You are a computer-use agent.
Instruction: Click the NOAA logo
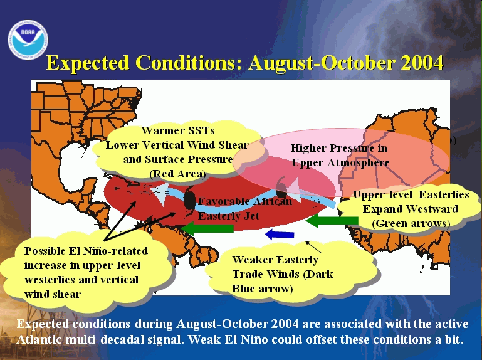click(x=28, y=40)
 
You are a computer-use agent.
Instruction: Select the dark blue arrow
click(x=280, y=235)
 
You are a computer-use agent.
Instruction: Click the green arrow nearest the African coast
click(x=332, y=221)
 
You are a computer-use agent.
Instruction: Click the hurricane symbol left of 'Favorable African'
click(x=189, y=201)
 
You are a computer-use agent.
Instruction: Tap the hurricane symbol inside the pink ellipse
click(x=281, y=188)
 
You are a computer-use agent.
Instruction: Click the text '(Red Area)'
click(x=177, y=174)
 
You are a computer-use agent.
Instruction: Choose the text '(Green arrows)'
click(x=411, y=223)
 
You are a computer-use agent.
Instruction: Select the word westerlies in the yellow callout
click(x=48, y=280)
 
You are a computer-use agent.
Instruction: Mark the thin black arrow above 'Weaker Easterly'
click(x=313, y=247)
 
